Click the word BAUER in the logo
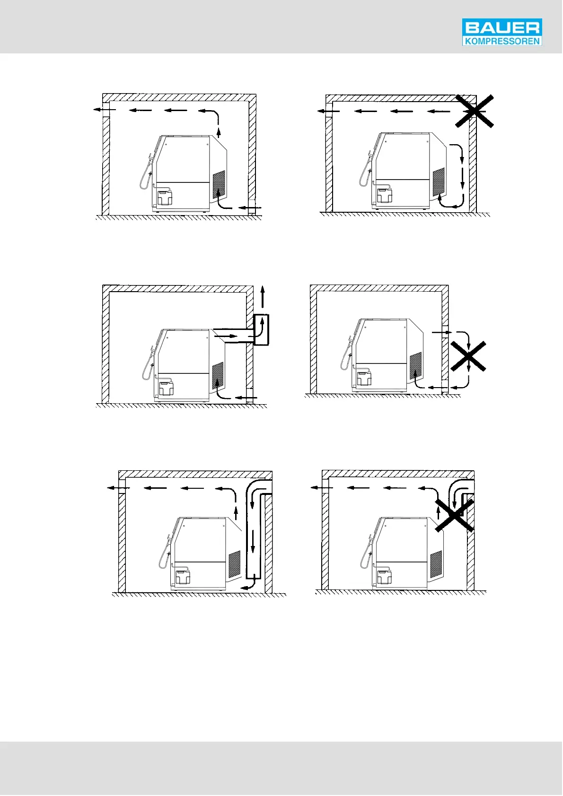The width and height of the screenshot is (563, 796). tap(501, 28)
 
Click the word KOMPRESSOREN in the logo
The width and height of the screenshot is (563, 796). tap(501, 41)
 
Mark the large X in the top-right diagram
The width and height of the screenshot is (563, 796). tap(475, 111)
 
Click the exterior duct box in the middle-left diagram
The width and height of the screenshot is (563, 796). tap(261, 329)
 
